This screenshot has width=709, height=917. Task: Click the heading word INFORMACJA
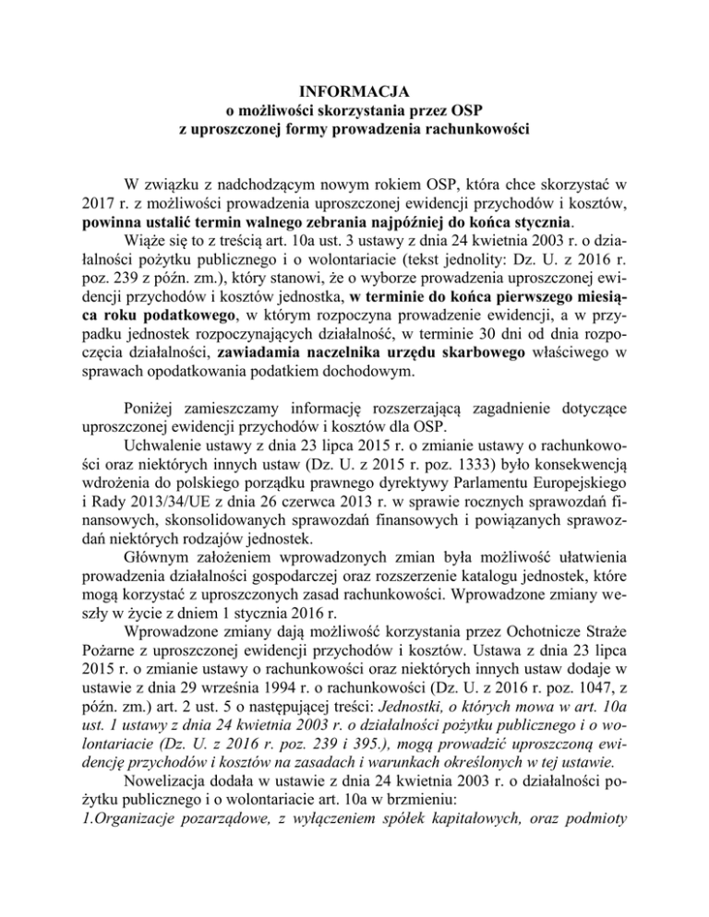click(354, 91)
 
